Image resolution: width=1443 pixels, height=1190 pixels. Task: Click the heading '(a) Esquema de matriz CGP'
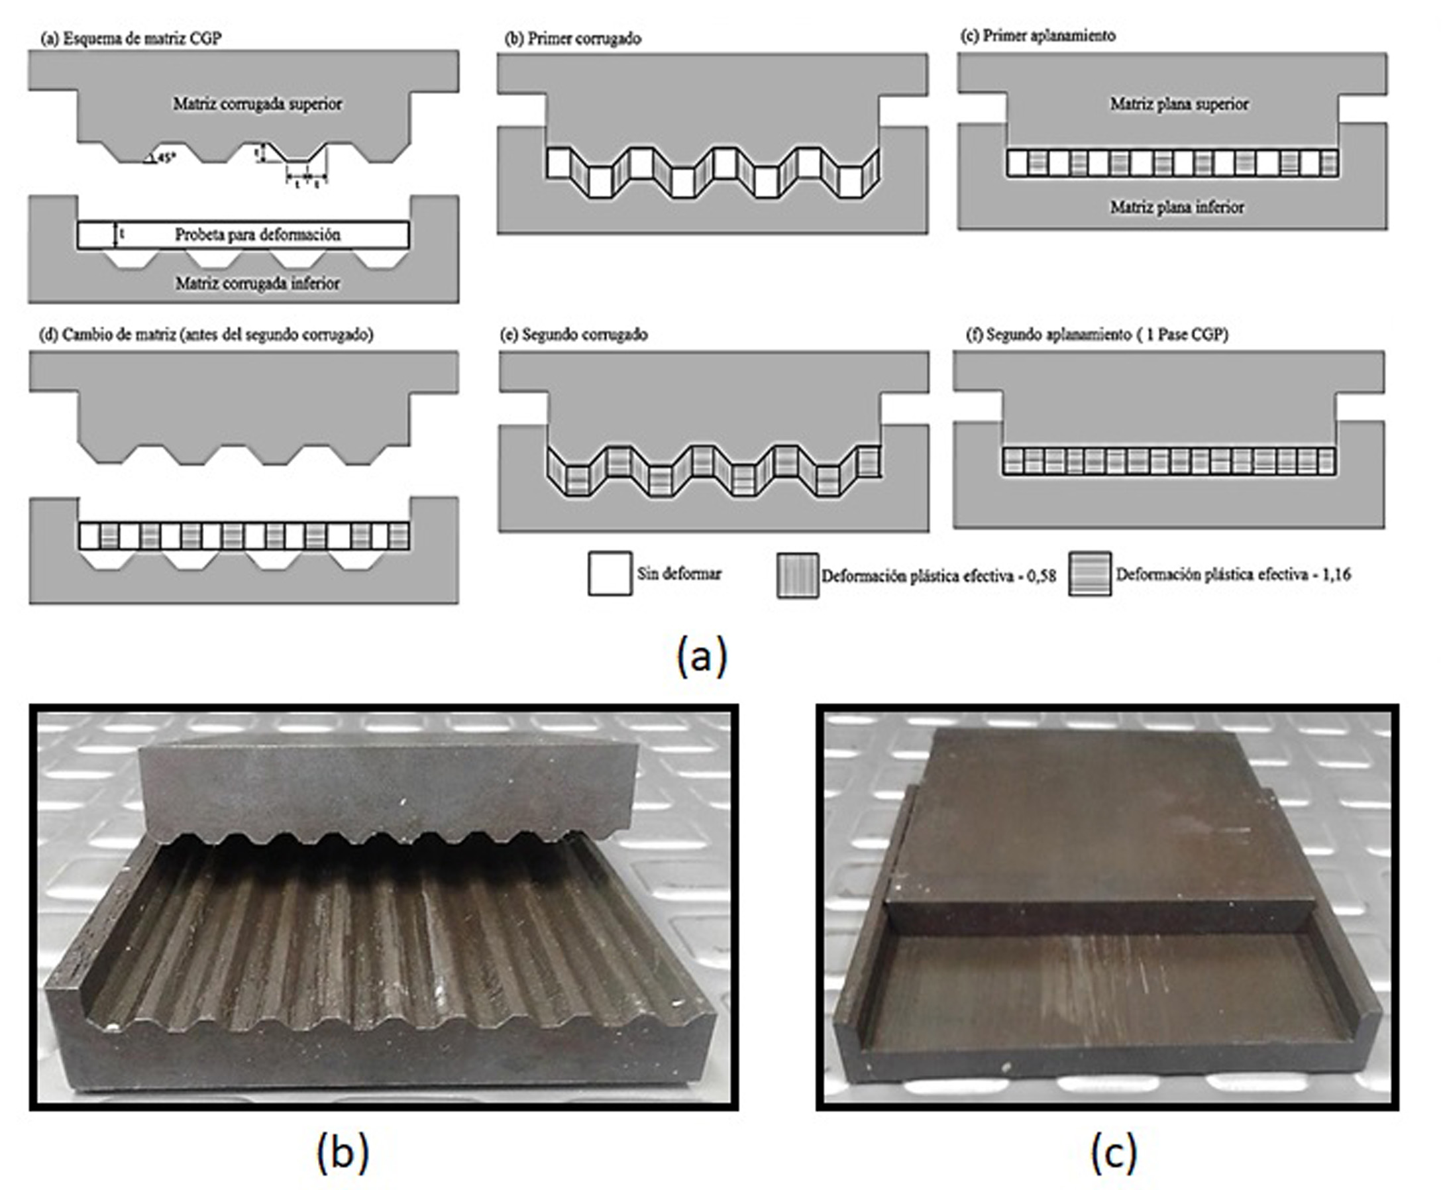click(132, 38)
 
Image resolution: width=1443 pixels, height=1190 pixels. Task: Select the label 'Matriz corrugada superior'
click(257, 104)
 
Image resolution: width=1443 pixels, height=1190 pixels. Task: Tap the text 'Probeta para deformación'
click(257, 235)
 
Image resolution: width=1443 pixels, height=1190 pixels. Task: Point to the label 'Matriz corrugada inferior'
click(257, 283)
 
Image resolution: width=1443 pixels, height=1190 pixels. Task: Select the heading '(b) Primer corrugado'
click(573, 38)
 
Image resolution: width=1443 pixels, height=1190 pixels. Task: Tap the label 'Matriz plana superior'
click(1179, 104)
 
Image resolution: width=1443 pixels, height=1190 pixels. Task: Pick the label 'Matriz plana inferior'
click(1177, 207)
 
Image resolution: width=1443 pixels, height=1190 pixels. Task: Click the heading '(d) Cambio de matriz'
click(208, 335)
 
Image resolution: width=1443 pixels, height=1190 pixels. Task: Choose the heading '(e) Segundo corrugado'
click(574, 335)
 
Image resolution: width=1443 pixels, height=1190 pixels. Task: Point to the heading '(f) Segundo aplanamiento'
click(1096, 335)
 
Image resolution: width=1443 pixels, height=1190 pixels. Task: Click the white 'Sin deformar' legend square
click(610, 573)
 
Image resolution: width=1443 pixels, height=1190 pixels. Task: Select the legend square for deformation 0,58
click(797, 575)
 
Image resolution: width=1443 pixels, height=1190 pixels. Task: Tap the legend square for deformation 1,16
click(1089, 574)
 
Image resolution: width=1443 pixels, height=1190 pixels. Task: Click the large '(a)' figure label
click(701, 656)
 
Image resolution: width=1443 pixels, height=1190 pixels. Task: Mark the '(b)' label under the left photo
click(343, 1152)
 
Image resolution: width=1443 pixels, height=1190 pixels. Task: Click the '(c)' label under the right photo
click(1113, 1152)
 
